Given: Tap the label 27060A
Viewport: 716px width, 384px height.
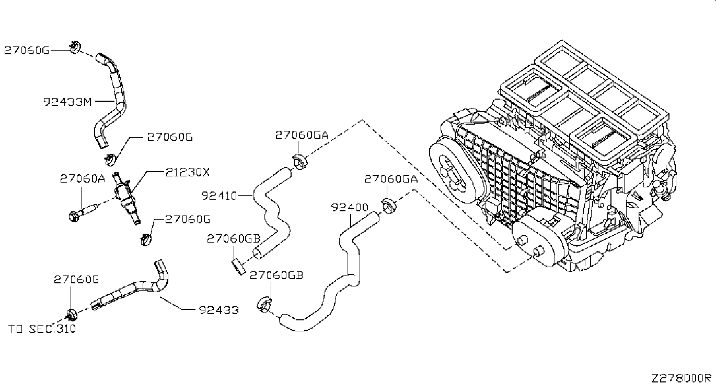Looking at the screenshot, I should (x=82, y=179).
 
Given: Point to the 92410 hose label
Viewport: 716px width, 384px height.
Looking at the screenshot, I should (x=219, y=196).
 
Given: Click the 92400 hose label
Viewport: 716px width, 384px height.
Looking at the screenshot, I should (x=350, y=208).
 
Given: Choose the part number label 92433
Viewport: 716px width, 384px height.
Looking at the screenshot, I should (x=218, y=310).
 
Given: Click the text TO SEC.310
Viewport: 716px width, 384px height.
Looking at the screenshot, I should (x=42, y=329).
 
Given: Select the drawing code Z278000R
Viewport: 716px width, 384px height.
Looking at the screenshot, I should (x=682, y=377).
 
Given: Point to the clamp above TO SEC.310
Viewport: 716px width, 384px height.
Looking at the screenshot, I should (x=72, y=314).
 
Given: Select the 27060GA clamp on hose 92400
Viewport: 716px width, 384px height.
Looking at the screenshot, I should (x=388, y=206).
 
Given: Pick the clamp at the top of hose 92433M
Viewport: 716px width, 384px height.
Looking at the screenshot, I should (x=74, y=49).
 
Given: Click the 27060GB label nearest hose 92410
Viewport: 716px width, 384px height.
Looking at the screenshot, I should (x=233, y=238).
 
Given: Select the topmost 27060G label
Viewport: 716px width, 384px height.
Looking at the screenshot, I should (x=27, y=50).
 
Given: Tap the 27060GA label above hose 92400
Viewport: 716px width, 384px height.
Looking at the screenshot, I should (x=391, y=178).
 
